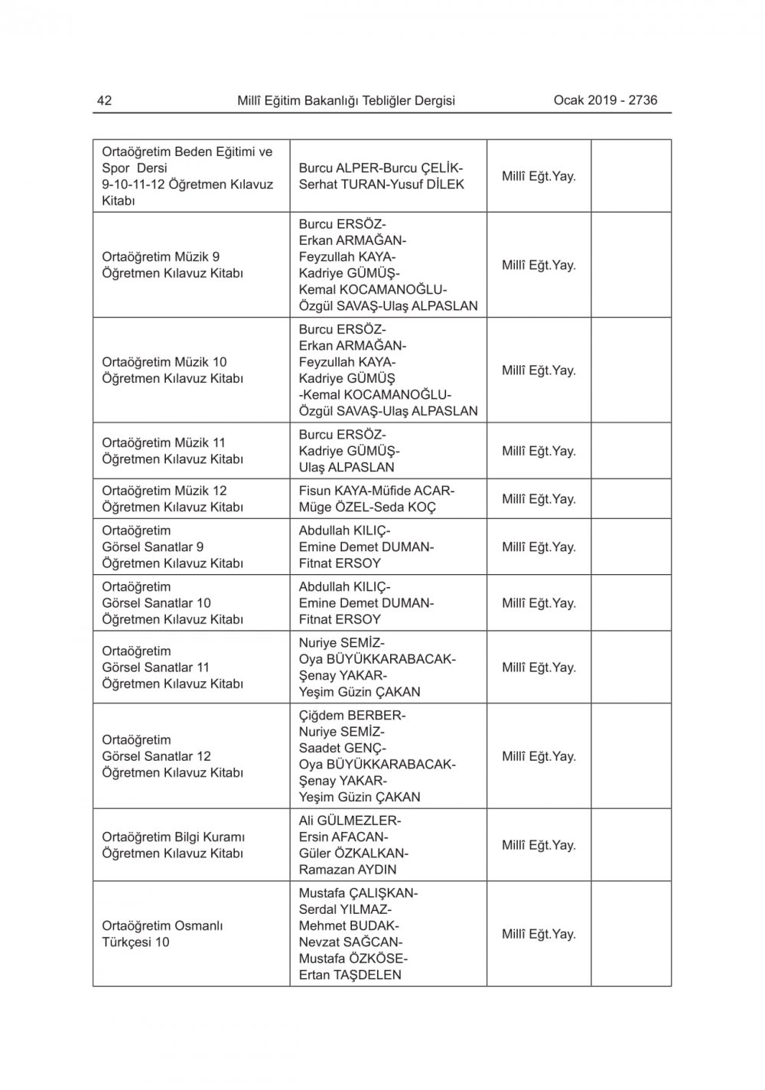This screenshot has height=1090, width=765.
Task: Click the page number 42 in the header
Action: point(105,100)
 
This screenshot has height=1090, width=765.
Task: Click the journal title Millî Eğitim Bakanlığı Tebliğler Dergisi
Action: point(346,100)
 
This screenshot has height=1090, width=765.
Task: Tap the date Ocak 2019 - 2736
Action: point(605,100)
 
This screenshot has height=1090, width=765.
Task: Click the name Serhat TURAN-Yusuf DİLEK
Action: point(381,184)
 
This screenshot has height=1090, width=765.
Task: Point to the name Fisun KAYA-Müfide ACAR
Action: point(376,491)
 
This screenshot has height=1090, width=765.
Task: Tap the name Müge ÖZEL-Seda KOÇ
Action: point(367,507)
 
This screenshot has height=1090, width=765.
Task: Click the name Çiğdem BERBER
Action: point(352,716)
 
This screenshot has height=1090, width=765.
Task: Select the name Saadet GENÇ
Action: point(342,748)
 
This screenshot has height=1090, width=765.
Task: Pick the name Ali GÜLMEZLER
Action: point(349,821)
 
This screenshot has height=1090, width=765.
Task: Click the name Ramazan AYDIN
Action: point(347,870)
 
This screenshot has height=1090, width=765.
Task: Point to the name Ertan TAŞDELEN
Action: point(350,975)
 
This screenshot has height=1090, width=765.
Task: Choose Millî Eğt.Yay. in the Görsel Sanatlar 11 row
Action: point(539,667)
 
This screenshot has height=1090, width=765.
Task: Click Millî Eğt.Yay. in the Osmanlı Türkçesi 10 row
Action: point(539,934)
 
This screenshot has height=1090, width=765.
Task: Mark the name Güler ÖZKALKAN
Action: point(353,853)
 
